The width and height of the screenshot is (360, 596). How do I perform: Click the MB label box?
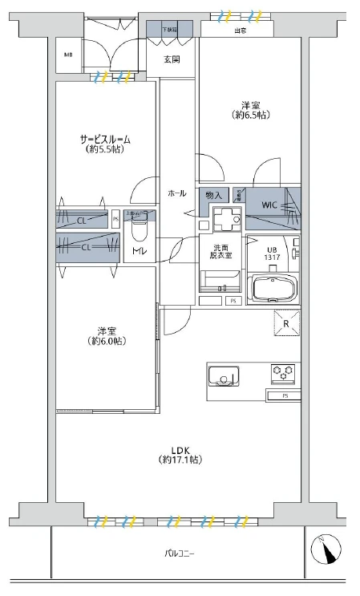68,55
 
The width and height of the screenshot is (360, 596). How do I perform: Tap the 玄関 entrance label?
172,60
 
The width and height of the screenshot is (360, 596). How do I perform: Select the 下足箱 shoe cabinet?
169,30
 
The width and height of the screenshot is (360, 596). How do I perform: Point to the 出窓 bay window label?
239,31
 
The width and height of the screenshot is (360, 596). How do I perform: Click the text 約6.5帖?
251,116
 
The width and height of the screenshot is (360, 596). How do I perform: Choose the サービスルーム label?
105,139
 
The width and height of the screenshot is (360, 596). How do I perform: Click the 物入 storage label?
213,194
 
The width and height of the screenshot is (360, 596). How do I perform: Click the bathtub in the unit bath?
274,288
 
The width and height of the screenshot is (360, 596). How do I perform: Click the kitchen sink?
223,375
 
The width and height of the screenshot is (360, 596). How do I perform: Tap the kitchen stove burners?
283,372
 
